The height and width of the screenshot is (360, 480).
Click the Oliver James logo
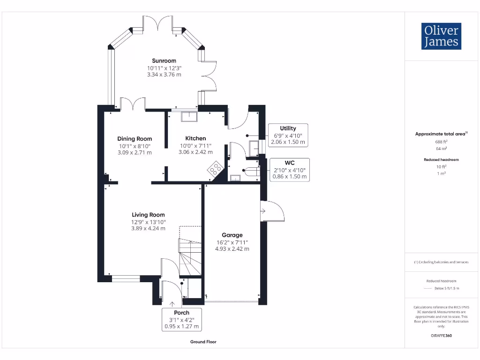[441, 36]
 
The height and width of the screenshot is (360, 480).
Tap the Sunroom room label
[164, 61]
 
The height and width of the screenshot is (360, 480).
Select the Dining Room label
[135, 139]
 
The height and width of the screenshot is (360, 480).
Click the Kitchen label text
[195, 138]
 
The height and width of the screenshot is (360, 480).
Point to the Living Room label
[148, 215]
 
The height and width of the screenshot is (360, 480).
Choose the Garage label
[232, 235]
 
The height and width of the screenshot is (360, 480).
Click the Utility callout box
[288, 135]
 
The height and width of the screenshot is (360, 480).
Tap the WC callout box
[289, 170]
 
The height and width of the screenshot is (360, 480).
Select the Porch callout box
[181, 319]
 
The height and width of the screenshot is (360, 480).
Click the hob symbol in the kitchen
[216, 168]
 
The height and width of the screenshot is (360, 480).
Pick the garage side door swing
[274, 211]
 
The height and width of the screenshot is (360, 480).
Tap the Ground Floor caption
[203, 342]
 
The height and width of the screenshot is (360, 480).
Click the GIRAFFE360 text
[441, 336]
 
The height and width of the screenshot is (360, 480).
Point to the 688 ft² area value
[441, 141]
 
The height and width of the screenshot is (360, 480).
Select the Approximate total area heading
[441, 134]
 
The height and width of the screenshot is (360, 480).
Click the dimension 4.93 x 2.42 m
[232, 249]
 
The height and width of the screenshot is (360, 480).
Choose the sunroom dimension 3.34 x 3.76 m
[164, 75]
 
